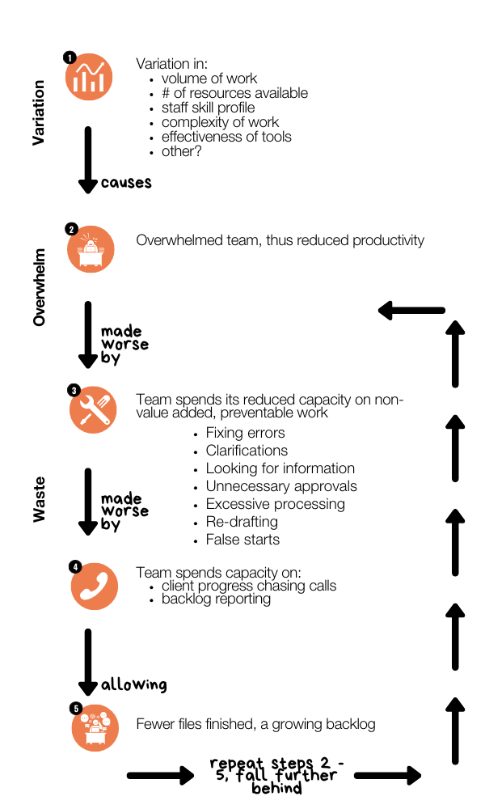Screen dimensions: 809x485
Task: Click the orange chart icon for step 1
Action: [x=89, y=78]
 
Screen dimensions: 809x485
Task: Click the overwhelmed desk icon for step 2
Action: [x=91, y=250]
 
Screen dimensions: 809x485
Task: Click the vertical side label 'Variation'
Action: [x=38, y=112]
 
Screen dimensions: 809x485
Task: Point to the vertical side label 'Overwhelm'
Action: [x=39, y=287]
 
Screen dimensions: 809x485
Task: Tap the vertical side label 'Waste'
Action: [x=39, y=499]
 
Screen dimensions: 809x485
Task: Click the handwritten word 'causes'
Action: [x=126, y=183]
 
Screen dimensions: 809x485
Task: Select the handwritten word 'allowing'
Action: [x=133, y=685]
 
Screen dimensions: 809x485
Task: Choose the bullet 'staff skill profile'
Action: [x=208, y=108]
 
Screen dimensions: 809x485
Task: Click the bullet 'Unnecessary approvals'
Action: [x=280, y=486]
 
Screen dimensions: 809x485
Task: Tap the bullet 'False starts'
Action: [x=242, y=540]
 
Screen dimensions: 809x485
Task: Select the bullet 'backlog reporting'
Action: [x=216, y=599]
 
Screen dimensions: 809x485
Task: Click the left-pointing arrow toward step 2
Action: [x=411, y=310]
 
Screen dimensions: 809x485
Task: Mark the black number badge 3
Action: [x=74, y=391]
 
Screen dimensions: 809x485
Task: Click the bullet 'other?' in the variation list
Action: [x=181, y=151]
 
